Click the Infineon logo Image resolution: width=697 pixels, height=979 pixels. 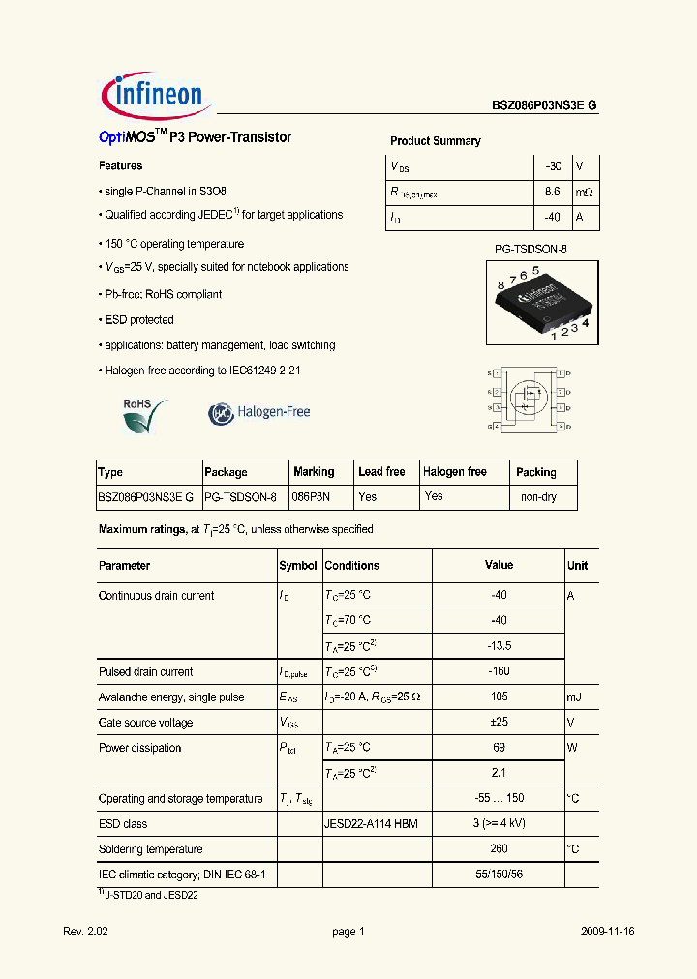click(x=153, y=95)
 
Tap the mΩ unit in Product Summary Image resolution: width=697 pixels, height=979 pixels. click(x=584, y=193)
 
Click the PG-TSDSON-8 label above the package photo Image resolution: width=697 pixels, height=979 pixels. click(x=530, y=250)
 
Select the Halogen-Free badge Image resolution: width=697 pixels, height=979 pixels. click(x=259, y=413)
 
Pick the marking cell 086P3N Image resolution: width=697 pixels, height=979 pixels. click(x=312, y=497)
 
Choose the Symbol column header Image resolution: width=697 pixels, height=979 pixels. click(x=298, y=566)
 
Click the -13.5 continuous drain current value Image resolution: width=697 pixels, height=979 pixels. click(x=499, y=646)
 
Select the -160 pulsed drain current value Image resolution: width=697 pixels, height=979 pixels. click(x=499, y=672)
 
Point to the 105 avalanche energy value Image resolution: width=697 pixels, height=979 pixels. click(x=499, y=697)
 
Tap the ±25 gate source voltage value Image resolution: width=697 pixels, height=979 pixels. click(x=499, y=723)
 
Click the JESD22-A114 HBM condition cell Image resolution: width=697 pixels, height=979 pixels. click(x=371, y=824)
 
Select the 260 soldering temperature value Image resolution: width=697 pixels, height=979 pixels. click(x=499, y=849)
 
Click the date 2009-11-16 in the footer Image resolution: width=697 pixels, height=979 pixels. click(x=608, y=932)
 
